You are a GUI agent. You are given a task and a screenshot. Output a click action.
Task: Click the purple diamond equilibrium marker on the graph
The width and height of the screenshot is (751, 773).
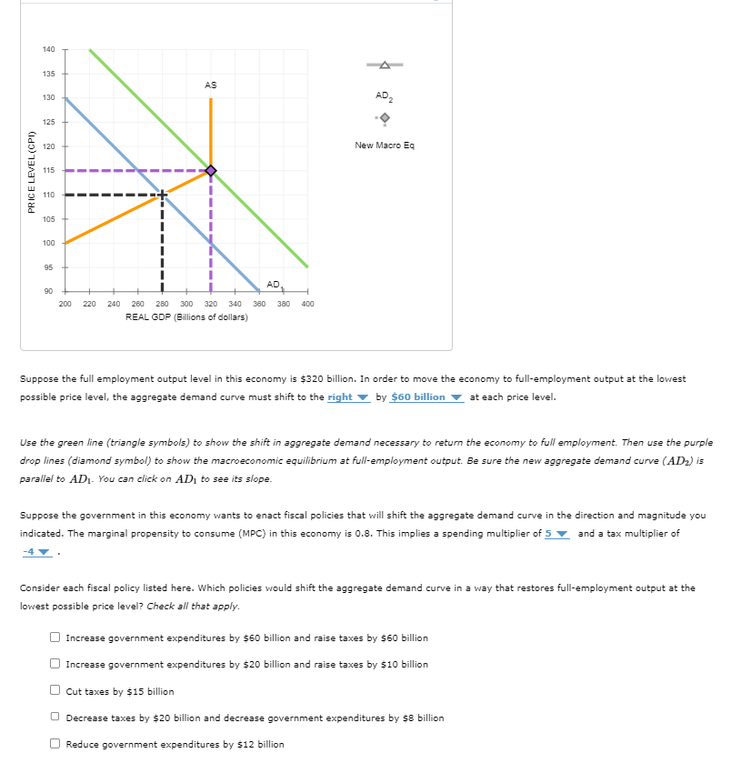tap(211, 170)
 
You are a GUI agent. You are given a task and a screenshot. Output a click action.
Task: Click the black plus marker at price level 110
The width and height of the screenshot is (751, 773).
tap(162, 195)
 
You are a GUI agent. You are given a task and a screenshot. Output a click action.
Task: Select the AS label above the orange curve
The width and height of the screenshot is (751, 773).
tap(211, 85)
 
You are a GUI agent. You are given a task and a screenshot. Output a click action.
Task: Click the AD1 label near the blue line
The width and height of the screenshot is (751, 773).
tap(274, 286)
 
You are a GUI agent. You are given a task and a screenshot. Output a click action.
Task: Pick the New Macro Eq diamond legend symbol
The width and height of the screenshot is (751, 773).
tap(384, 118)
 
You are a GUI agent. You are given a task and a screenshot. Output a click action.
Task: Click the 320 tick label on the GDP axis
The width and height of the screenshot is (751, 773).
tap(211, 304)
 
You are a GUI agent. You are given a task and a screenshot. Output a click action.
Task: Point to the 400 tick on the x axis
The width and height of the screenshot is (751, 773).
tap(307, 304)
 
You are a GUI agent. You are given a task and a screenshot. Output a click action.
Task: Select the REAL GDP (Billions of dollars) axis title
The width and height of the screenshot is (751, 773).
tap(186, 316)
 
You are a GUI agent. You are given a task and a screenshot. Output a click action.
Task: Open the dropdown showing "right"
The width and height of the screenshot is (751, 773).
tap(348, 397)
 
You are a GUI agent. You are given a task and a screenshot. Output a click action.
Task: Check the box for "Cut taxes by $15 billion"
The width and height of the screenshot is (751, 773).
tap(55, 691)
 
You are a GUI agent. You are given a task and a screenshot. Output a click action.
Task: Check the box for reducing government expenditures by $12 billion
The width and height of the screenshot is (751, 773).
tap(55, 744)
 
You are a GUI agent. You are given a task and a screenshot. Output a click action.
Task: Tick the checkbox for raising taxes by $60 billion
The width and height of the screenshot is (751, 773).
tap(55, 637)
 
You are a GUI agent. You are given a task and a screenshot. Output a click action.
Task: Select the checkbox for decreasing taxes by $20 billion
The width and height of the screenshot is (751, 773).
tap(55, 718)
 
